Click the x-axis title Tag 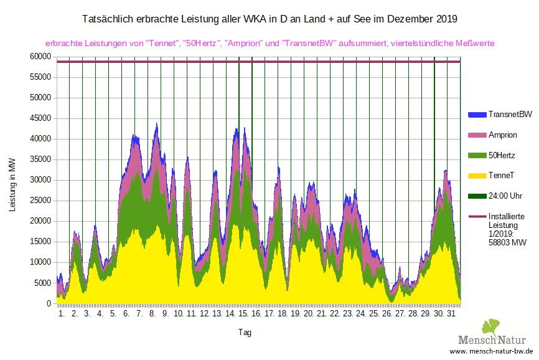tap(244, 333)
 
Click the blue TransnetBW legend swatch tap(476, 115)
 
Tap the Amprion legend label tap(503, 135)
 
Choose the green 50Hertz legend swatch tap(476, 155)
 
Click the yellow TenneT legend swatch tap(476, 176)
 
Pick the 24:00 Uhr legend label tap(505, 196)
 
